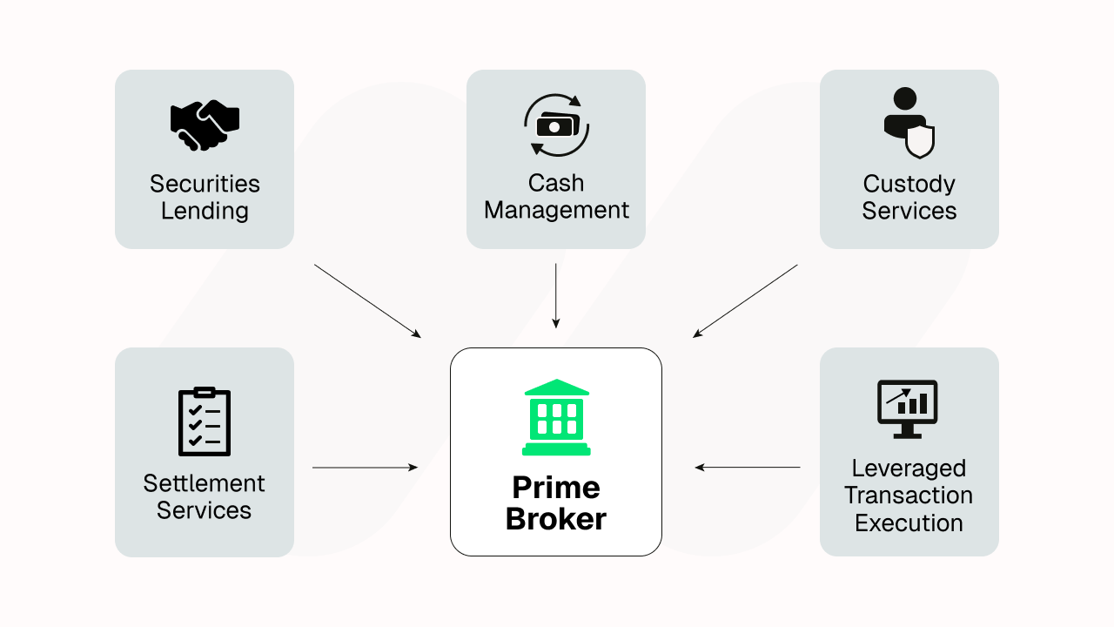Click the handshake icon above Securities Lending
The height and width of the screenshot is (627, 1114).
[205, 125]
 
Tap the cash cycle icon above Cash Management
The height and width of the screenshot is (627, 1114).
[556, 125]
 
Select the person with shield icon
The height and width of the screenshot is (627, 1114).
[909, 124]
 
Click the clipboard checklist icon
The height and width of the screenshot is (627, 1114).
[205, 421]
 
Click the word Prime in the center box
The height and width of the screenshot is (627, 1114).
[556, 487]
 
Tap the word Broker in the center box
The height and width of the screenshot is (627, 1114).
[556, 519]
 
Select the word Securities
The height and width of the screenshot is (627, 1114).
[205, 184]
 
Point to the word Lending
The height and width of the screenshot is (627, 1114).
[205, 211]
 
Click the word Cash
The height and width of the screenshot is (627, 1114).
[556, 183]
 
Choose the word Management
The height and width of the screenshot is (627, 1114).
[556, 211]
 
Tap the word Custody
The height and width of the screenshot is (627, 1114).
[909, 185]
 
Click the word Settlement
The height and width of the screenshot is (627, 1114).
[205, 483]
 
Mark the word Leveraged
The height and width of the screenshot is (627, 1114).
[909, 469]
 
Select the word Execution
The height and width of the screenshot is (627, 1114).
[909, 523]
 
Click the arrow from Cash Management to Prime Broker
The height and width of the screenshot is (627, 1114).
[555, 296]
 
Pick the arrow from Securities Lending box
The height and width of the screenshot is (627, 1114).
[367, 300]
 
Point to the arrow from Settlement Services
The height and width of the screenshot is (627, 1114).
[365, 468]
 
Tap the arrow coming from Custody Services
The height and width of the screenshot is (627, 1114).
[745, 300]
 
